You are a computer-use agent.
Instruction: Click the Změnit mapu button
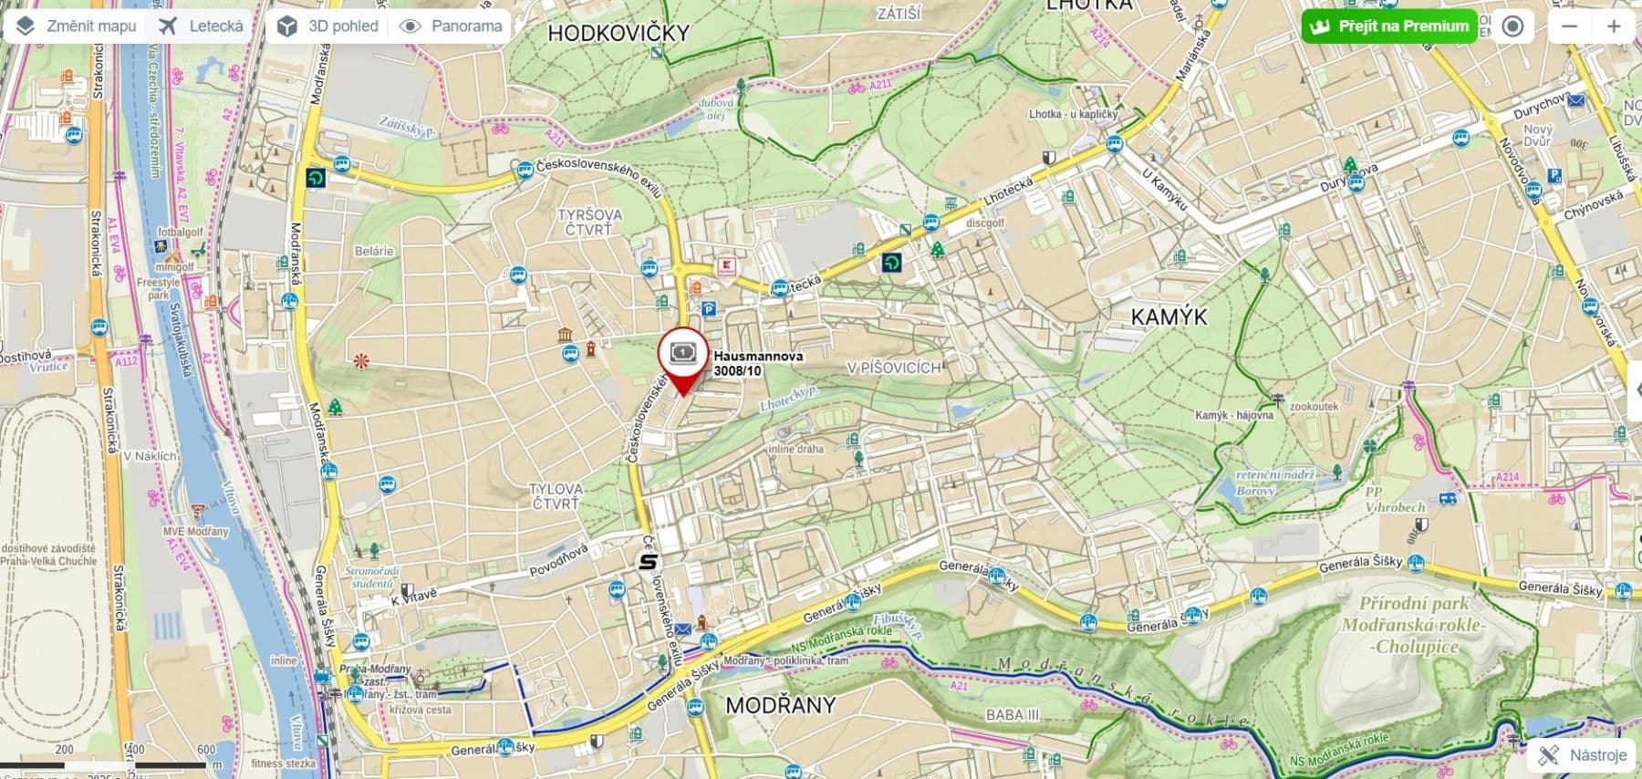(x=76, y=26)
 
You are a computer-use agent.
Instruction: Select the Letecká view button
(x=202, y=26)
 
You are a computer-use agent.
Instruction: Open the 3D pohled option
(x=328, y=26)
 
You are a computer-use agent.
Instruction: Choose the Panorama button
(x=452, y=26)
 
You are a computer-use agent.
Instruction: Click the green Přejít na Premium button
(x=1389, y=26)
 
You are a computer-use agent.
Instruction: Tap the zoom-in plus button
(x=1614, y=26)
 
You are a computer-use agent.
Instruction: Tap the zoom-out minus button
(x=1569, y=26)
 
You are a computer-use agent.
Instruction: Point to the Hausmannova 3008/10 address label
(x=758, y=363)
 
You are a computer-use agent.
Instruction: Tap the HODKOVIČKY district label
(x=618, y=33)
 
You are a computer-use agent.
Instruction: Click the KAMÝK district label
(x=1169, y=317)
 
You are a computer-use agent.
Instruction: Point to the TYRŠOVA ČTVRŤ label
(x=590, y=222)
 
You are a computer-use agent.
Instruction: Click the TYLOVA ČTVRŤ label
(x=556, y=496)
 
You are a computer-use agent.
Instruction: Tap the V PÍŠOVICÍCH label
(x=893, y=368)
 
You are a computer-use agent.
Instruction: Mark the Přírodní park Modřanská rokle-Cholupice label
(x=1413, y=625)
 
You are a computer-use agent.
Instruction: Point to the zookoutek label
(x=1314, y=406)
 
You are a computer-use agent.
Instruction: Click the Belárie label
(x=374, y=251)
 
